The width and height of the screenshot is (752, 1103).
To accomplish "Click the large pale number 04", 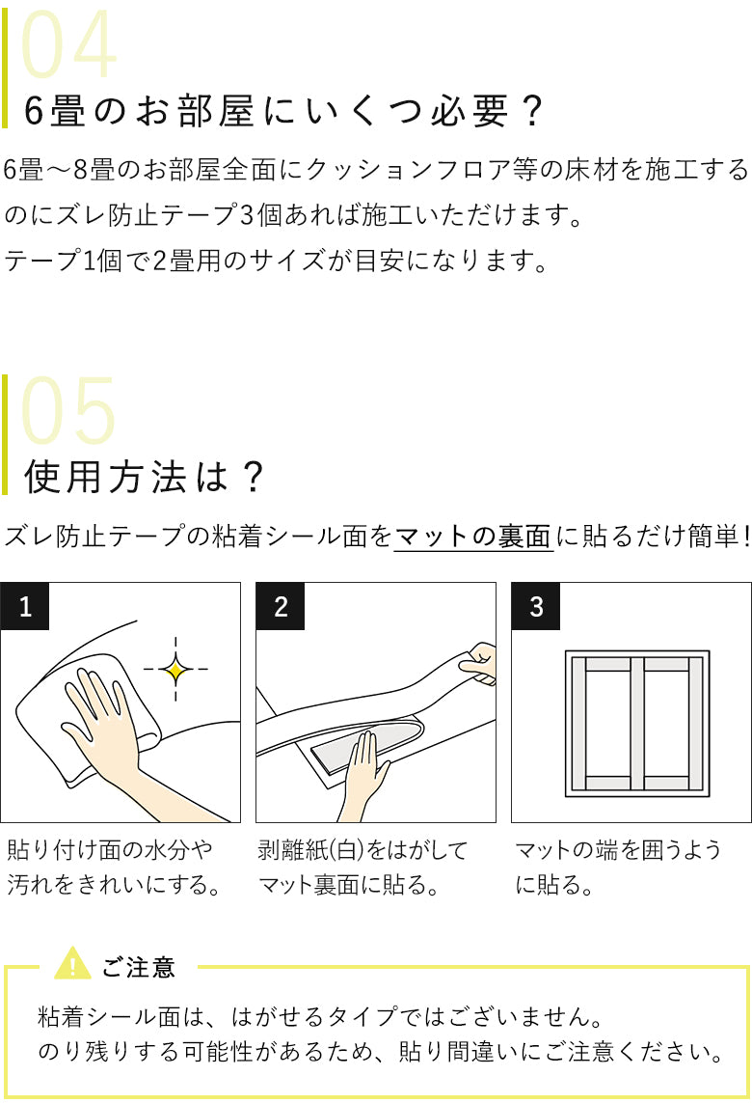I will click(68, 47).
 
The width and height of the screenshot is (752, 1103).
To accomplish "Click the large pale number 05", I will click(68, 412).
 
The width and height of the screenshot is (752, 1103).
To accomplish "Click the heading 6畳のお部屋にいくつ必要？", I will click(283, 113).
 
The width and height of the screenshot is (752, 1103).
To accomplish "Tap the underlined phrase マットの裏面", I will click(473, 537).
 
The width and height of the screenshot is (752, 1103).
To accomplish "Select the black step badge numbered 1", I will click(25, 606).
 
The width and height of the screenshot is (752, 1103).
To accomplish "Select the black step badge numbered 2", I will click(281, 606).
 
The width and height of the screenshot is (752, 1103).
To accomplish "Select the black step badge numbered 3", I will click(536, 606).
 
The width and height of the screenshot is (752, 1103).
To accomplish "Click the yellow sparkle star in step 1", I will click(175, 669).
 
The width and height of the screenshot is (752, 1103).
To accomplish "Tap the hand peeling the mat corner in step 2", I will click(478, 663).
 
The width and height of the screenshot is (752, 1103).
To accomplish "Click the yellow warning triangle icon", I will click(72, 964).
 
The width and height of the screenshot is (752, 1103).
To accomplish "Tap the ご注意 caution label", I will click(139, 967).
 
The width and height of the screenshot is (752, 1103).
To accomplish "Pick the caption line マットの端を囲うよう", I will click(617, 850).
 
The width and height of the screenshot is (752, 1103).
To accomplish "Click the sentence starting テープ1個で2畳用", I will click(276, 261).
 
